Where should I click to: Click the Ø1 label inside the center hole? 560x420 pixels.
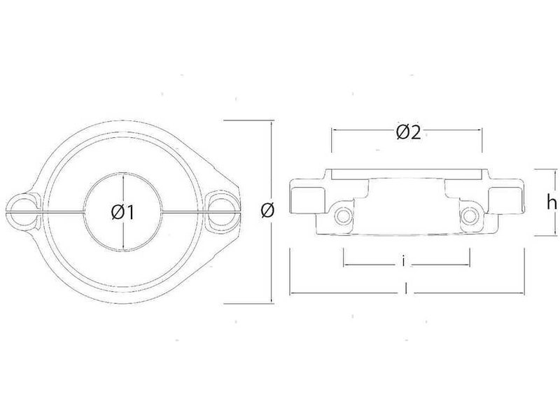click(122, 211)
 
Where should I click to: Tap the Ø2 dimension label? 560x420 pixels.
click(407, 132)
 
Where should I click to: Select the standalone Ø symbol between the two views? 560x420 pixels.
click(266, 210)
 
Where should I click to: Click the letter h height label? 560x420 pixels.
click(551, 203)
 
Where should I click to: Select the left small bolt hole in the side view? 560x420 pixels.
click(343, 215)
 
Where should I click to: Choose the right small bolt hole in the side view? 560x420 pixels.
click(468, 215)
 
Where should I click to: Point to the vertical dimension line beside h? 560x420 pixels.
click(536, 203)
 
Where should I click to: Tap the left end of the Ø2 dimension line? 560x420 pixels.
click(332, 130)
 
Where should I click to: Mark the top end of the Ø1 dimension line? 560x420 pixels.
click(123, 175)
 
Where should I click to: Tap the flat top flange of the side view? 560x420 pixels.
click(407, 173)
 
